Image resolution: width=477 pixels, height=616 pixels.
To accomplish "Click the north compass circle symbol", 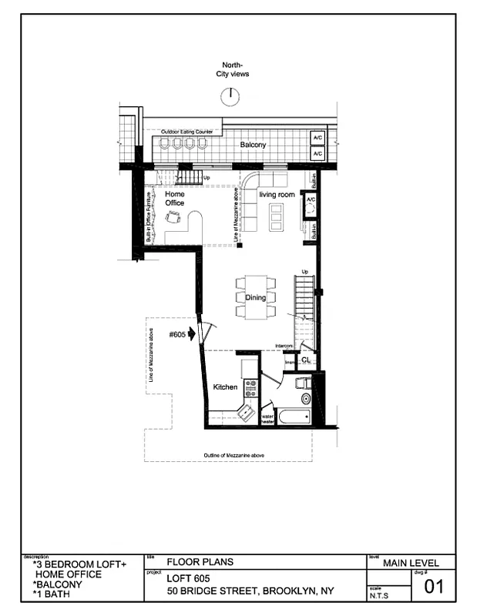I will click(x=229, y=95).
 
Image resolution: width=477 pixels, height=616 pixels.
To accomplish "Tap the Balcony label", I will click(x=253, y=145).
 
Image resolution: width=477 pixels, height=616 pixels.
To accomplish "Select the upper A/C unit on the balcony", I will click(x=316, y=139).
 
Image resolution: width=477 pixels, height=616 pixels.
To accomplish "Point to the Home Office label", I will click(x=174, y=199).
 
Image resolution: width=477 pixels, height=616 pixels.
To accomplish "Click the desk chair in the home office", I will click(x=174, y=218).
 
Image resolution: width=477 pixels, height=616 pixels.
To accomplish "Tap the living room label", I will click(x=277, y=196).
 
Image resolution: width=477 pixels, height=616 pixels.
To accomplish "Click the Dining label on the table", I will click(x=255, y=297).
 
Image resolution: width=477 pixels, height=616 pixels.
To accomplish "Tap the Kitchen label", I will click(x=225, y=387).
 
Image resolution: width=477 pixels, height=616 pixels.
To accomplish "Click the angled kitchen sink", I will click(x=247, y=413).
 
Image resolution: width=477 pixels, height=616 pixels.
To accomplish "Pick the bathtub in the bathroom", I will click(x=294, y=418).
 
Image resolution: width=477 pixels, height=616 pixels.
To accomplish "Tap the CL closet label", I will click(x=305, y=360).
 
